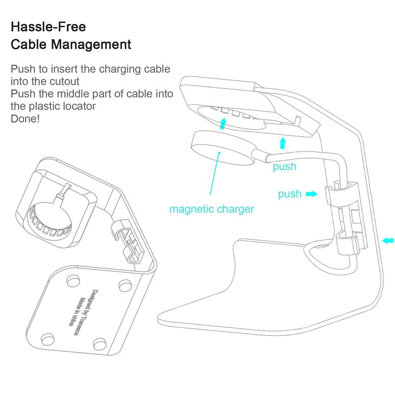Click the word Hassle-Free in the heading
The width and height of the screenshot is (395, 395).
coord(41,26)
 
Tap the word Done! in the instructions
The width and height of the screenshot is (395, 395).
coord(25,118)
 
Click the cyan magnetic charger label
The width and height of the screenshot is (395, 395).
coord(211,209)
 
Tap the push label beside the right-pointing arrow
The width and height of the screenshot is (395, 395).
coord(289,194)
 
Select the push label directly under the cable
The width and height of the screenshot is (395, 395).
coord(284,167)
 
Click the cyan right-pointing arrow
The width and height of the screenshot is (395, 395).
coord(312,194)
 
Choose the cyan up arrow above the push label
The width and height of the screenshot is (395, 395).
coord(282,143)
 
